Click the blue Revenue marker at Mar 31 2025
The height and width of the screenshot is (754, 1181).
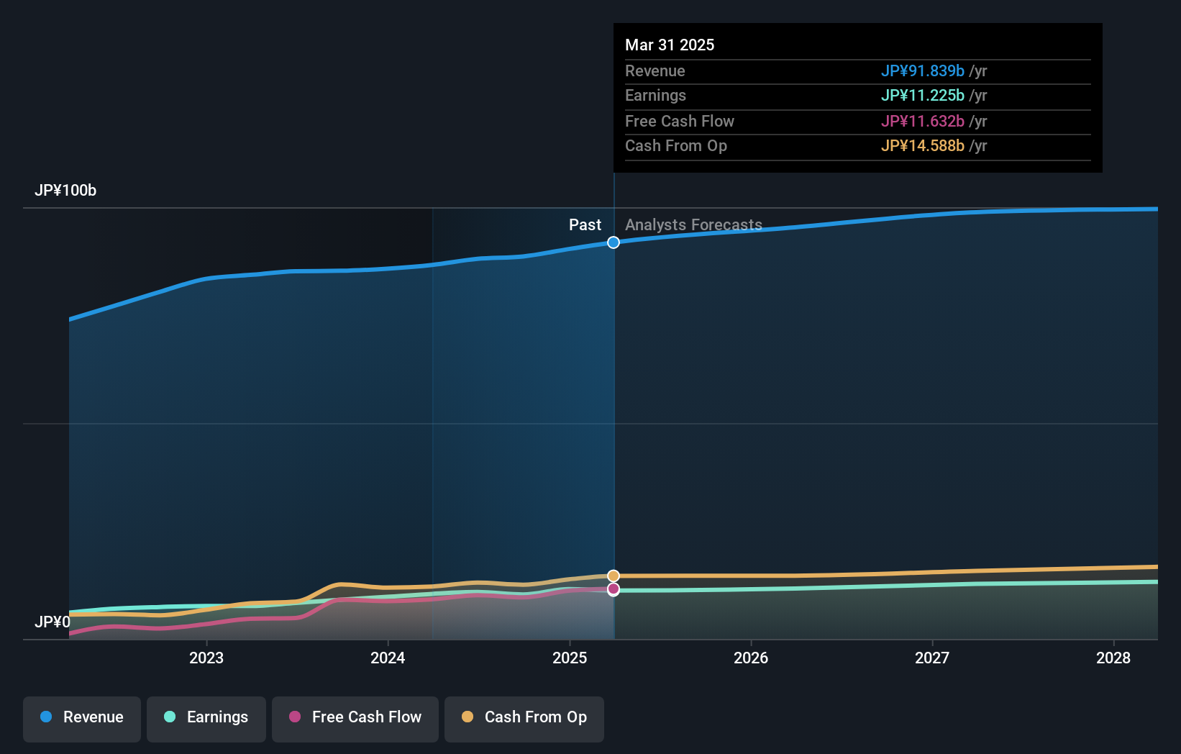tap(614, 242)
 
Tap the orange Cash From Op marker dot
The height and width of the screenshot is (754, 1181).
tap(614, 576)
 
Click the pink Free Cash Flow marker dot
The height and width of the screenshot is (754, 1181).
tap(614, 589)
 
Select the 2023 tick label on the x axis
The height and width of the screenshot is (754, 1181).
tap(206, 658)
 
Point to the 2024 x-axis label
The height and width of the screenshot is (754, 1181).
tap(388, 658)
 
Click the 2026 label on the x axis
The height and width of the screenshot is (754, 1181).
tap(751, 658)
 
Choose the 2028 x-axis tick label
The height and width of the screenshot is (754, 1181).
tap(1113, 658)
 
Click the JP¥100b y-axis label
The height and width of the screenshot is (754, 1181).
tap(65, 191)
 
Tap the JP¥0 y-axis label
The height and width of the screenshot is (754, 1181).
tap(53, 622)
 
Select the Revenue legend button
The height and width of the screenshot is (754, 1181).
tap(82, 717)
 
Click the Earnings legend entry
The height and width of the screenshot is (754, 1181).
tap(206, 717)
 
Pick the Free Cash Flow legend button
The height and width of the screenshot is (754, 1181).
tap(355, 717)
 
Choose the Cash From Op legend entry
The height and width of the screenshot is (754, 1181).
tap(524, 717)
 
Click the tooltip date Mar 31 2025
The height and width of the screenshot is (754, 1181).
tap(670, 45)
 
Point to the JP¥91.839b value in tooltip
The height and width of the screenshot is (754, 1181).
tap(922, 71)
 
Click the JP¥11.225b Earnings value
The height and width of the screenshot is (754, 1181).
tap(922, 95)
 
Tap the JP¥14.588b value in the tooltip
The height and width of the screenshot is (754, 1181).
tap(922, 145)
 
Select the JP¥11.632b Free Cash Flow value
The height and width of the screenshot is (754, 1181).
tap(922, 121)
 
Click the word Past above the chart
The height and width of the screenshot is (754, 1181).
tap(585, 224)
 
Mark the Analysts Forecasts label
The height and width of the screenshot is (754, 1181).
tap(693, 224)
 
